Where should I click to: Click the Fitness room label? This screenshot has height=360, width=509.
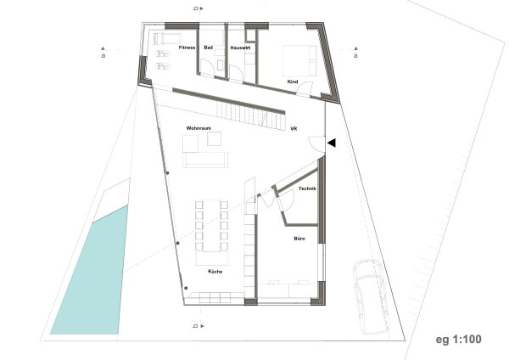point(187,48)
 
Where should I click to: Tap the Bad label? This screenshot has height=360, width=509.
point(209,48)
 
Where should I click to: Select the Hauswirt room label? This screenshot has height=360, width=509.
point(240,48)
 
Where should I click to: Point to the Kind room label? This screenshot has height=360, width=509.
point(293,82)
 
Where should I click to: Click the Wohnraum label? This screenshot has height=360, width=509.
point(199,128)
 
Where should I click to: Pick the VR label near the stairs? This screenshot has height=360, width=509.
point(294,129)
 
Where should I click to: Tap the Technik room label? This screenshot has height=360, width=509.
point(307,188)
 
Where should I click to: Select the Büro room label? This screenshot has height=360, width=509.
point(299,239)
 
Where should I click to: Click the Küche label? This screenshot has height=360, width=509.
point(215,272)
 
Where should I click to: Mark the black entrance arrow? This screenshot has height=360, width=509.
point(332,143)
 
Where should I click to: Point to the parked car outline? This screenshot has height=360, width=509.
point(371,296)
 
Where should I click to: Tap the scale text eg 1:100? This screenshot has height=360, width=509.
point(458,340)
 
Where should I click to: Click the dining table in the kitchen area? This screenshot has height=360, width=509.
point(211,226)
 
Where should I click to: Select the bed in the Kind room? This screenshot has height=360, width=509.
point(299,61)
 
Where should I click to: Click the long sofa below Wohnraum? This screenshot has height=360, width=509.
point(205,160)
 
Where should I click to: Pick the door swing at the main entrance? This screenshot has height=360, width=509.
point(316,143)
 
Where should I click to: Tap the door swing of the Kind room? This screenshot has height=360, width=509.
point(305,87)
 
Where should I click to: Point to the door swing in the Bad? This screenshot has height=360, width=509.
point(207,68)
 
